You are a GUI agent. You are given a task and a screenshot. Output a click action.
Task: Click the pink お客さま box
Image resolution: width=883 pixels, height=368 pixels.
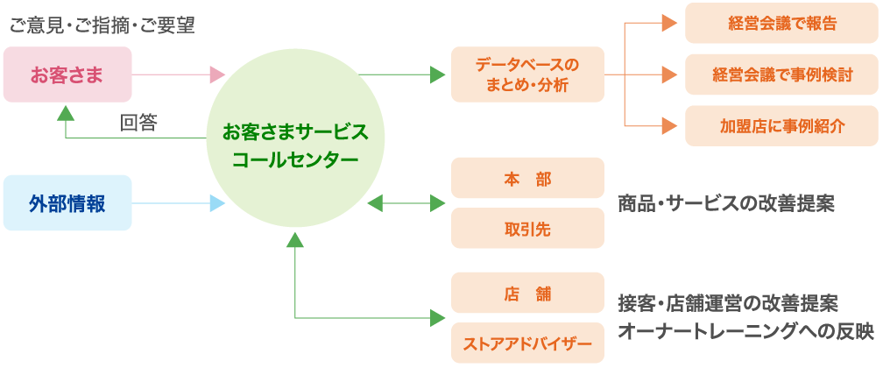point(67,74)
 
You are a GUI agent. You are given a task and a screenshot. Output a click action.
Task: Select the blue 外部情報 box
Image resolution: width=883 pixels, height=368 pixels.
point(67,203)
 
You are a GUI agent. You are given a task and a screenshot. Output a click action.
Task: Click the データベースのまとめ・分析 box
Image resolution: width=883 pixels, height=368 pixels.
point(527,74)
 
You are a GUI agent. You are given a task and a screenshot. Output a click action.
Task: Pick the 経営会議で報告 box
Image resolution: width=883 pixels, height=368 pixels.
point(781,24)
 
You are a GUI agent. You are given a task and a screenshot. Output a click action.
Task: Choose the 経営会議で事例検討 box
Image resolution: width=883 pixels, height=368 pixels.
point(781,74)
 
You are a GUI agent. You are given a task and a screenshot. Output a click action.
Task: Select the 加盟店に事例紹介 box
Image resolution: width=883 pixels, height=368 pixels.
point(781,125)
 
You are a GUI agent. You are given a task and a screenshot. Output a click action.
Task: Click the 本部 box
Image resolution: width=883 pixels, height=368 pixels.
point(527,178)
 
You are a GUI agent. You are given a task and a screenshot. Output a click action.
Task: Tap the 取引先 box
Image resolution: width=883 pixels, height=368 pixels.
point(527,228)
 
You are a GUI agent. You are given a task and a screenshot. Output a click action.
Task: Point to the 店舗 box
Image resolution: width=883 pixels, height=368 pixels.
point(527,294)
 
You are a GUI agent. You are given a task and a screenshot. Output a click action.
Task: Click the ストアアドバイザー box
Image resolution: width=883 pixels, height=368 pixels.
point(527,343)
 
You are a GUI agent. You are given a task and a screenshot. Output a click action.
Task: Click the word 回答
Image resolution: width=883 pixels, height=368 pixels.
point(138,123)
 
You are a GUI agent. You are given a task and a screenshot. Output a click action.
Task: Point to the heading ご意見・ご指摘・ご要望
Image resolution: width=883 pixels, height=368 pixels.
point(101,25)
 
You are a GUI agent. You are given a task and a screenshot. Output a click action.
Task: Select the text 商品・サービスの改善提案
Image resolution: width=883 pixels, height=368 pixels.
point(726,203)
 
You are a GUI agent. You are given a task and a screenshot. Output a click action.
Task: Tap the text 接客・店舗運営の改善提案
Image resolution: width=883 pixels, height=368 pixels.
point(728,304)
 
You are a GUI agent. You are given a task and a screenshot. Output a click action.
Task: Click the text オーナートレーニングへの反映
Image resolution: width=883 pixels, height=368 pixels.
point(745,331)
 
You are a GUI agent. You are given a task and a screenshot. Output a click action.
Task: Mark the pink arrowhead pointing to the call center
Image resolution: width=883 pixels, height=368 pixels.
point(217,74)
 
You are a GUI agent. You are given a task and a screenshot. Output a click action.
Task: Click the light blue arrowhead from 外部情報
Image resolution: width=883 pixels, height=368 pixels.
point(217,203)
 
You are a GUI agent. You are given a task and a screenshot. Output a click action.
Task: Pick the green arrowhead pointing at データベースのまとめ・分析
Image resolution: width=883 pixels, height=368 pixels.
point(438,74)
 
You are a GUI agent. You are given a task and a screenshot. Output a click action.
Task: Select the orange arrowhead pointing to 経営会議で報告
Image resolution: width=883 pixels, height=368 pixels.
point(670,24)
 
